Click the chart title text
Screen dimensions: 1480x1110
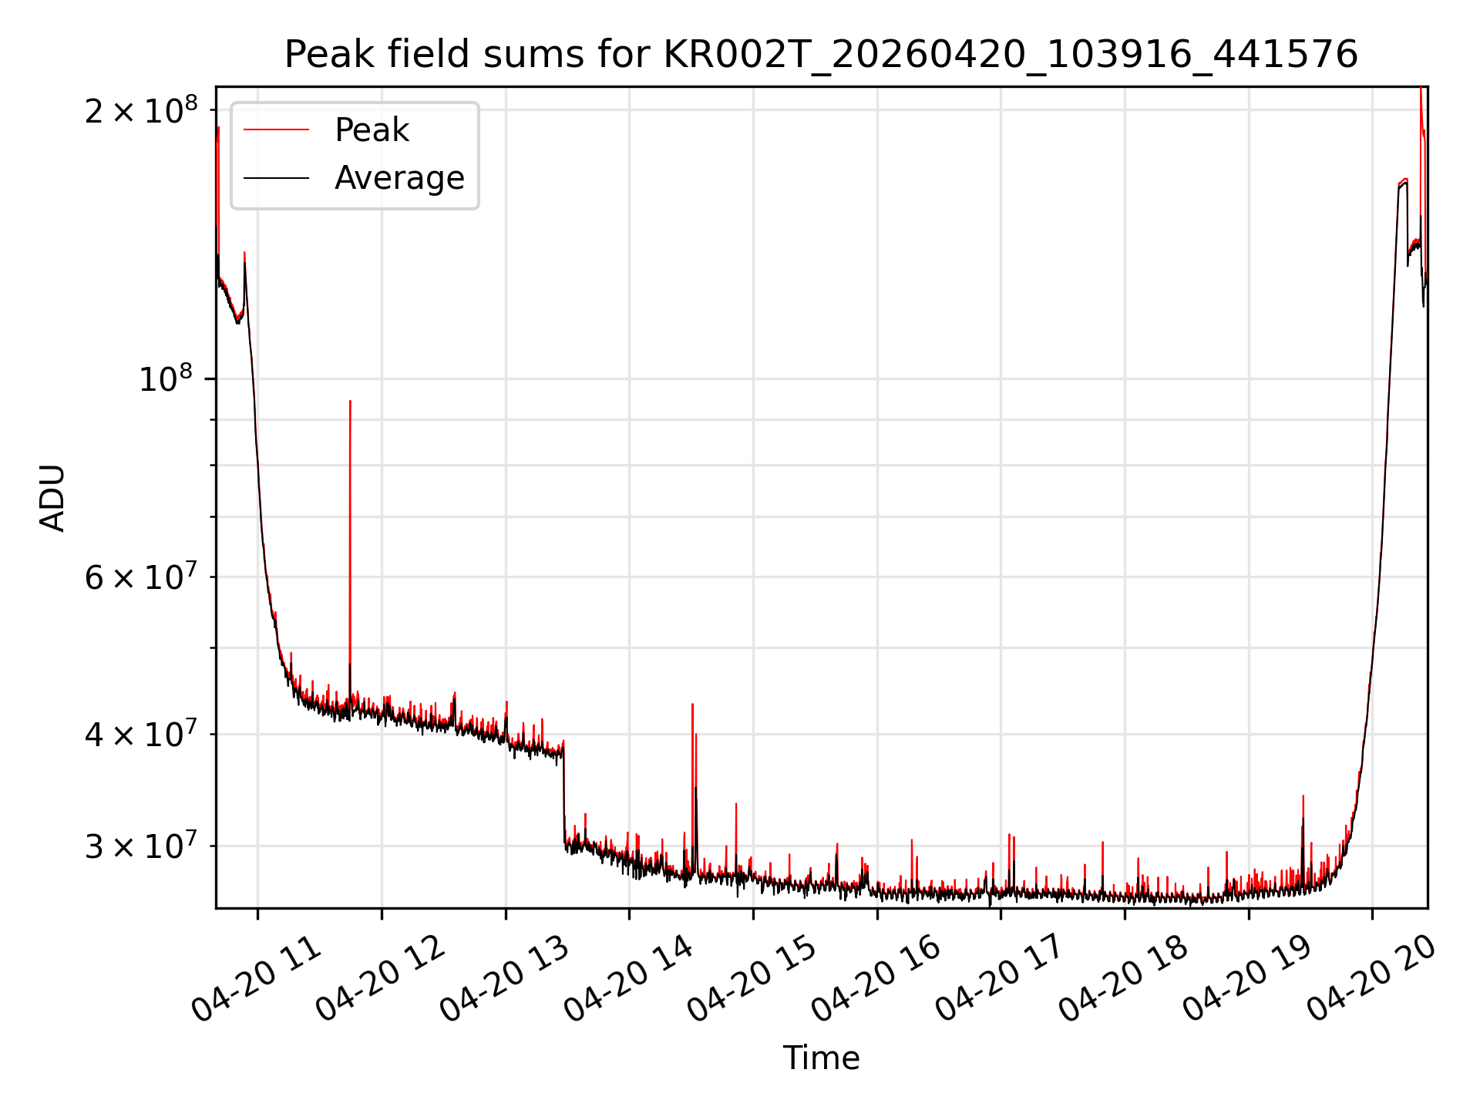tap(821, 55)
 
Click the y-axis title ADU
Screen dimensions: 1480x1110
tap(52, 497)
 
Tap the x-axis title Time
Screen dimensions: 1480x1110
tap(821, 1058)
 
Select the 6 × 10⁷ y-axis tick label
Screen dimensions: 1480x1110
tap(141, 576)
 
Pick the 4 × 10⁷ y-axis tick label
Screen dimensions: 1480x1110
tap(141, 734)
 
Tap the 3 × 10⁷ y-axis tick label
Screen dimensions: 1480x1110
tap(141, 846)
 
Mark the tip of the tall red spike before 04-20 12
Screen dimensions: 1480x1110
tap(350, 401)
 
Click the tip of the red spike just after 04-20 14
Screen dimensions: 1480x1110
tap(692, 704)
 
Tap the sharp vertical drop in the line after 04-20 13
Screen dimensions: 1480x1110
tap(563, 794)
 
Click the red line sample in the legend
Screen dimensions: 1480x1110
tap(276, 130)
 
